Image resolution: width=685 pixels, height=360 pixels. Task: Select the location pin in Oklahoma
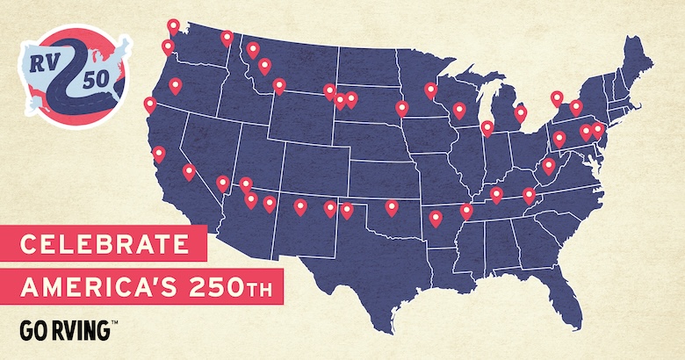pyautogui.click(x=392, y=207)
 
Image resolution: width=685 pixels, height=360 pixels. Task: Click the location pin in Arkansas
pyautogui.click(x=436, y=219)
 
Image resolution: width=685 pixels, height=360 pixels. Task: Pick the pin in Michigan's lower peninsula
pyautogui.click(x=520, y=113)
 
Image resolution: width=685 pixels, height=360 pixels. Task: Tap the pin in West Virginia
pyautogui.click(x=550, y=166)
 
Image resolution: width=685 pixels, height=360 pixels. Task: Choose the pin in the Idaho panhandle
pyautogui.click(x=227, y=38)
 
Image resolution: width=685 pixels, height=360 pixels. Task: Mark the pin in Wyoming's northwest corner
pyautogui.click(x=279, y=85)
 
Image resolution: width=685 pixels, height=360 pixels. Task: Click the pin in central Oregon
pyautogui.click(x=176, y=85)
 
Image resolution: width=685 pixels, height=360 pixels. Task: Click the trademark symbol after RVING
pyautogui.click(x=114, y=324)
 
